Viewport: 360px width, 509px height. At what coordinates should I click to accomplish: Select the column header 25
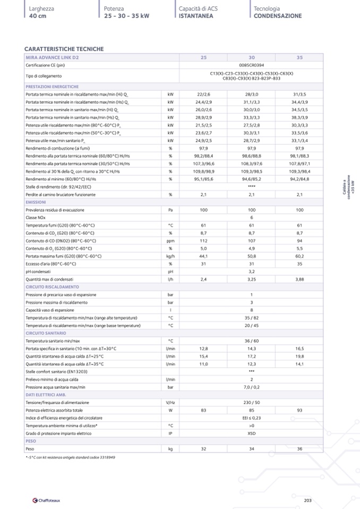pos(203,57)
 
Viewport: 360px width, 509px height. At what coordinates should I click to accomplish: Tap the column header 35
pos(299,57)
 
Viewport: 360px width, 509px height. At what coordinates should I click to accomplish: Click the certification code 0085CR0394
pos(251,65)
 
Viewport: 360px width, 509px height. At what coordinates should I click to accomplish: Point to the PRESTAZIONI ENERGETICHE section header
pos(52,86)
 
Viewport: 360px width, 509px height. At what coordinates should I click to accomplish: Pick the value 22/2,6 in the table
pos(203,93)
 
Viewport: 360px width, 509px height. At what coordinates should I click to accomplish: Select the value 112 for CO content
pos(203,240)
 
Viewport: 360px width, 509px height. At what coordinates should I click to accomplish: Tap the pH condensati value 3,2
pos(251,271)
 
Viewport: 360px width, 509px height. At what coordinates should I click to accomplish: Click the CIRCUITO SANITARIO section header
pos(46,333)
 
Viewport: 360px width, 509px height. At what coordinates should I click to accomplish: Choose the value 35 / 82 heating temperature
pos(251,317)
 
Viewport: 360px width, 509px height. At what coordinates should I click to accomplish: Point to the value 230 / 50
pos(251,402)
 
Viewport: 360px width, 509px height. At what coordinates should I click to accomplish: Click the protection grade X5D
pos(251,433)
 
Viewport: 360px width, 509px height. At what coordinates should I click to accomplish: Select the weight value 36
pos(299,448)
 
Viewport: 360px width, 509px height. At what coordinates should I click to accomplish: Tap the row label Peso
pos(30,448)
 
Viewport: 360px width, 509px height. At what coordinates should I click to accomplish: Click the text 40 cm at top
pos(38,16)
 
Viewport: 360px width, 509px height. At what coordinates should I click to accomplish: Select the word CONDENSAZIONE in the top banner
pos(277,16)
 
